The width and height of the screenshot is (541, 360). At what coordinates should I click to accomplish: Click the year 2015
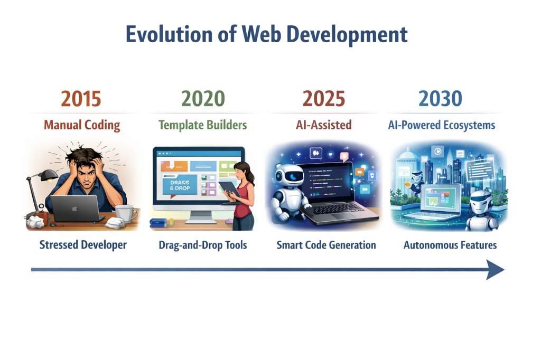(x=81, y=99)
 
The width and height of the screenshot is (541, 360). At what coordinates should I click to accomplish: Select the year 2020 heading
(x=203, y=99)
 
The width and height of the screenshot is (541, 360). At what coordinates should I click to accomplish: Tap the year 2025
(x=324, y=99)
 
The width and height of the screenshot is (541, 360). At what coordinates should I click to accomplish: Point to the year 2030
(x=440, y=99)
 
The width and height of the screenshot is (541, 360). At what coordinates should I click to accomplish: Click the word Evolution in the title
(x=169, y=34)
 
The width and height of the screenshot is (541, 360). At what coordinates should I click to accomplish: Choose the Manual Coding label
(x=82, y=125)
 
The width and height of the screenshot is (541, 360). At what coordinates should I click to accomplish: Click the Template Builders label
(x=203, y=125)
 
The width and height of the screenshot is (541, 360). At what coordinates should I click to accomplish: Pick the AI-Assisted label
(x=324, y=125)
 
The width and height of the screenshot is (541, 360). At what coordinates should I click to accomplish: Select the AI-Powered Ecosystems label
(x=442, y=125)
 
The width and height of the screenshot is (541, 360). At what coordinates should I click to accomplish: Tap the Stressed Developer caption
(x=83, y=245)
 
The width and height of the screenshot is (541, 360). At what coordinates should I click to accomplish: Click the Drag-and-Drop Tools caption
(x=203, y=245)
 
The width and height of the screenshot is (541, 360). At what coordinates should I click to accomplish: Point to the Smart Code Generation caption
(x=327, y=245)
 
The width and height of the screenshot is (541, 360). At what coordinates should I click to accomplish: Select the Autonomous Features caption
(x=450, y=245)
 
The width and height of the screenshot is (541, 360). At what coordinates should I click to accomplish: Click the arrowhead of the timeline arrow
(x=496, y=270)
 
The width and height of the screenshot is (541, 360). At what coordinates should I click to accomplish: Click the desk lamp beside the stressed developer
(x=38, y=192)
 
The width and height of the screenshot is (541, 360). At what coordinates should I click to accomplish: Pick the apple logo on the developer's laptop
(x=74, y=209)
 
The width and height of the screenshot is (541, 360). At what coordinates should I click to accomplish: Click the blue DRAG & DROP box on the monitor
(x=180, y=185)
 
